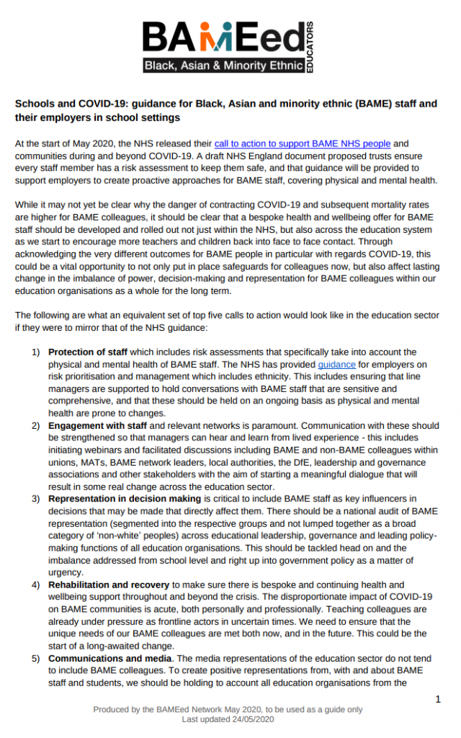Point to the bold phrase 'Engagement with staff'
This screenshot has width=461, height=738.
coord(99,426)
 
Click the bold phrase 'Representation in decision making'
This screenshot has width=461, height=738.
coord(126,498)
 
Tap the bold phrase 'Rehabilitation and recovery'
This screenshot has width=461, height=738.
coord(109,584)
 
